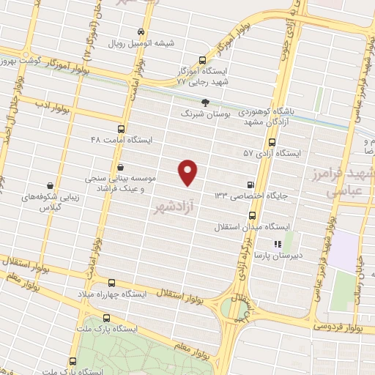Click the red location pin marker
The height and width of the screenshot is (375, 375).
pos(189,171)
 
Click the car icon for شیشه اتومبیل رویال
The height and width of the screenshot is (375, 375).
pos(141,32)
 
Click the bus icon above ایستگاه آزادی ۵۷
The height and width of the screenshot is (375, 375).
pos(272,143)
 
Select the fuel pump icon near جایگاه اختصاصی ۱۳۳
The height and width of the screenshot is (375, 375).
pos(253,185)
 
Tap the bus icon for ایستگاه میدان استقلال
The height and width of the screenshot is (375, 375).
pos(253,215)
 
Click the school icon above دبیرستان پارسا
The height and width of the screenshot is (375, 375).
pos(278,244)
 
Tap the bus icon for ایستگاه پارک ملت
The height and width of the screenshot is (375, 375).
pos(108,319)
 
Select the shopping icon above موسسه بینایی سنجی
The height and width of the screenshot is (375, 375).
pos(119,168)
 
